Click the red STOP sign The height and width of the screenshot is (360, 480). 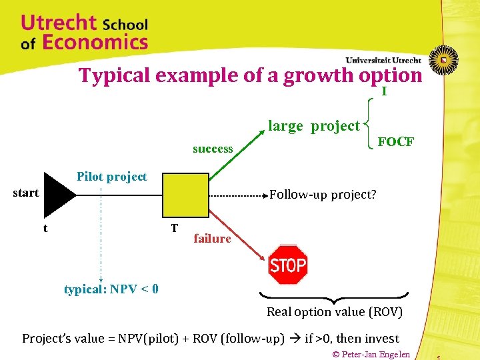tap(287, 265)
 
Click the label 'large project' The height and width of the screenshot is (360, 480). tap(313, 126)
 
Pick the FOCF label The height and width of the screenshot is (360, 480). tap(395, 142)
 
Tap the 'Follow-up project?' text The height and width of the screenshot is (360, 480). tap(323, 195)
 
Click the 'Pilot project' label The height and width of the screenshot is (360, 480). tap(111, 177)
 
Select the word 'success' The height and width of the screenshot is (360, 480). tap(213, 149)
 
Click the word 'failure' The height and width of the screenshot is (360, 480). tap(212, 239)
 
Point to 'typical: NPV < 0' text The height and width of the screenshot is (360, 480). tap(111, 289)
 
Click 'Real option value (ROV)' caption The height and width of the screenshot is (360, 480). tap(335, 311)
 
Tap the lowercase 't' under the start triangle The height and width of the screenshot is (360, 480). tap(45, 228)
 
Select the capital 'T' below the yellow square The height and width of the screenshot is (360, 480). tap(173, 228)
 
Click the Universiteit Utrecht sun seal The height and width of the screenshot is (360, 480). tap(443, 58)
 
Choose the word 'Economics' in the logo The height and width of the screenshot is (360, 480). tap(95, 43)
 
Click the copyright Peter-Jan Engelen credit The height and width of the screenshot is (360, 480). tap(371, 353)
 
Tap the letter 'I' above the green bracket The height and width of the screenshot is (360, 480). tap(384, 92)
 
